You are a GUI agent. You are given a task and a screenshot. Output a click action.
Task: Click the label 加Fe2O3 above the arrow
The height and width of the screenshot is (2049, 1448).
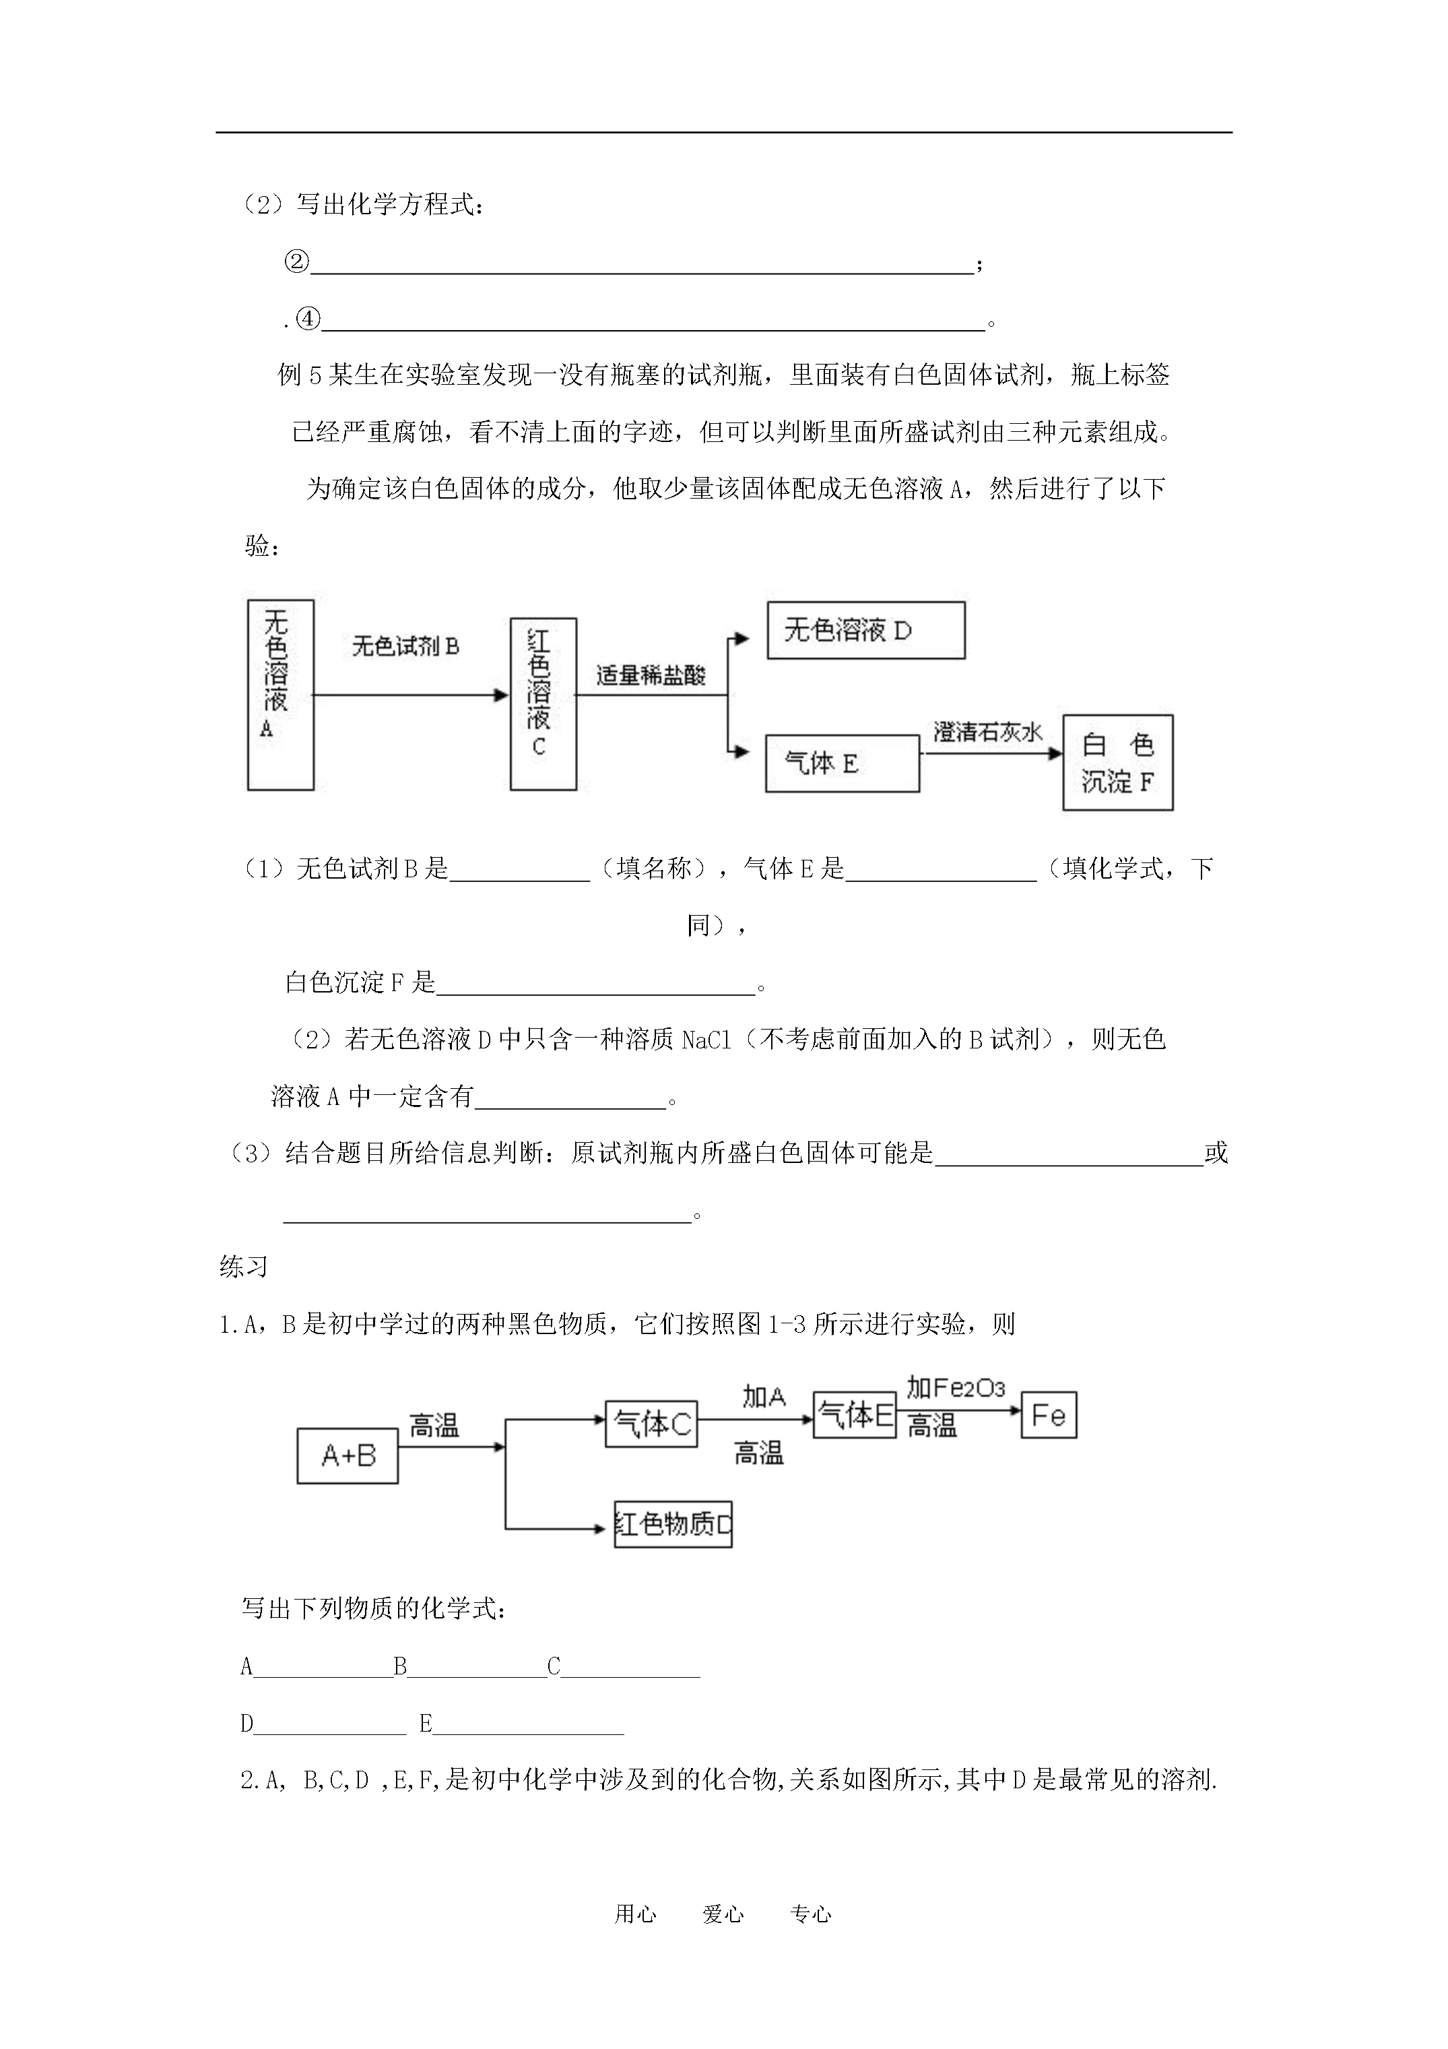(x=956, y=1388)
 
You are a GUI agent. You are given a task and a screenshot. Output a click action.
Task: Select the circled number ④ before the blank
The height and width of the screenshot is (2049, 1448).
(x=308, y=319)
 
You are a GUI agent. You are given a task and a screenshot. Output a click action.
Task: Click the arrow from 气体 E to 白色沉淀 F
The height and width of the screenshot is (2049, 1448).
(x=991, y=753)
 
